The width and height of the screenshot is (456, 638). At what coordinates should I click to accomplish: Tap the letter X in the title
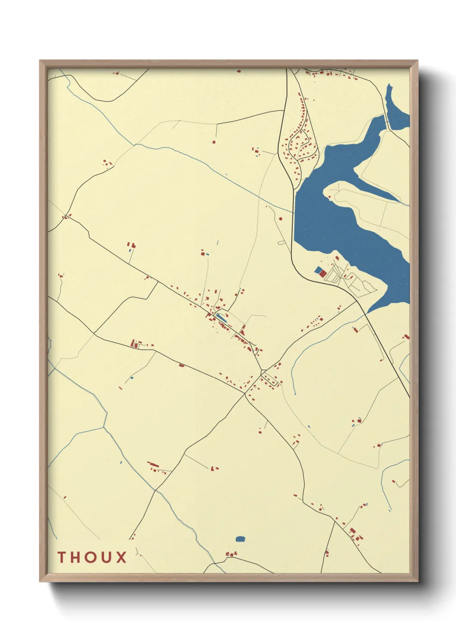(x=121, y=557)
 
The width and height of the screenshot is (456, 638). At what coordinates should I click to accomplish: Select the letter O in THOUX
(x=91, y=557)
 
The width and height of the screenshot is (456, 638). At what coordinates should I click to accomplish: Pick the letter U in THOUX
(x=106, y=557)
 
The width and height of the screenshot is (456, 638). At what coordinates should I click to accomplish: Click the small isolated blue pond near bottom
(x=240, y=539)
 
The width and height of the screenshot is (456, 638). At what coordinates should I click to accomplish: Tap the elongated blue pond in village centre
(x=221, y=318)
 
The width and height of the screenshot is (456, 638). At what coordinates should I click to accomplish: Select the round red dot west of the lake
(x=281, y=219)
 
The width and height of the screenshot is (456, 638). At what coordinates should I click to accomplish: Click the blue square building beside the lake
(x=319, y=270)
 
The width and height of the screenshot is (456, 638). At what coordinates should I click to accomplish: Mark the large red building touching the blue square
(x=323, y=274)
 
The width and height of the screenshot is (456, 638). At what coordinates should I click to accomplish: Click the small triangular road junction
(x=262, y=372)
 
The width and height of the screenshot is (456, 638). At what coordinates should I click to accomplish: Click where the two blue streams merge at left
(x=103, y=427)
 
